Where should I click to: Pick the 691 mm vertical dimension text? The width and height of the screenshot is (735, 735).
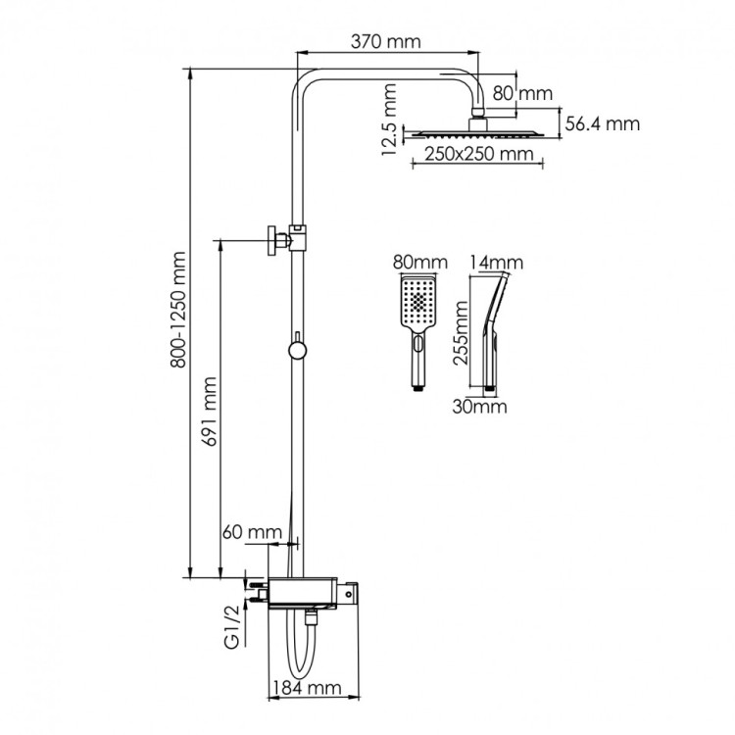pyautogui.click(x=210, y=410)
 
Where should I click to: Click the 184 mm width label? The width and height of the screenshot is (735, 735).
pyautogui.click(x=305, y=689)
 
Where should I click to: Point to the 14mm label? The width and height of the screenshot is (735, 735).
pyautogui.click(x=496, y=263)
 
